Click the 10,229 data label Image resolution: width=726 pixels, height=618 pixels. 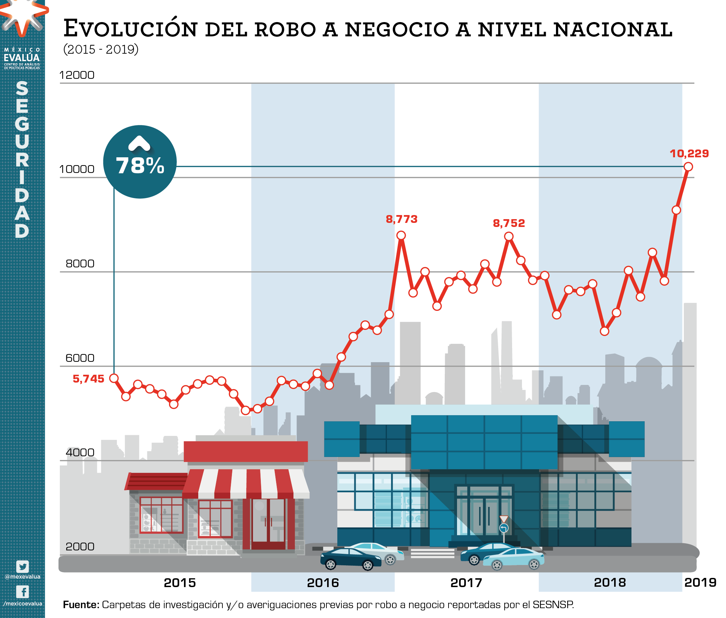689,153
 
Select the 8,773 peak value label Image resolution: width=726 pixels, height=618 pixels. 402,219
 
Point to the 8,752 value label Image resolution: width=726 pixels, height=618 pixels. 509,223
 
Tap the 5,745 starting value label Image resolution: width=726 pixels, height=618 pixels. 88,378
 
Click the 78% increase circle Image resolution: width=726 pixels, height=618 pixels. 140,162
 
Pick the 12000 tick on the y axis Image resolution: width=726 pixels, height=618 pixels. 77,75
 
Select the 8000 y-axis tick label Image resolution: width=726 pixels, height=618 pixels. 80,263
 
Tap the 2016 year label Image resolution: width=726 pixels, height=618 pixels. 323,583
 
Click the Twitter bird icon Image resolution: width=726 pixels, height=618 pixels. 22,566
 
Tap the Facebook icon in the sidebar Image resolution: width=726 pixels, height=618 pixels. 23,592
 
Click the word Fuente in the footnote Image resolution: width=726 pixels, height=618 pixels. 81,605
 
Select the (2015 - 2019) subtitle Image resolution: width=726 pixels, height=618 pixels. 101,49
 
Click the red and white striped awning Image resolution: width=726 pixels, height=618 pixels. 246,483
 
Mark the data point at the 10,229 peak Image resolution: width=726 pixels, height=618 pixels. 688,167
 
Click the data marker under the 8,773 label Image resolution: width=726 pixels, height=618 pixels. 401,235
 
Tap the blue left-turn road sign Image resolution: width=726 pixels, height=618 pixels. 504,528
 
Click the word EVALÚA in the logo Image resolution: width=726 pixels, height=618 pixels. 22,58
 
